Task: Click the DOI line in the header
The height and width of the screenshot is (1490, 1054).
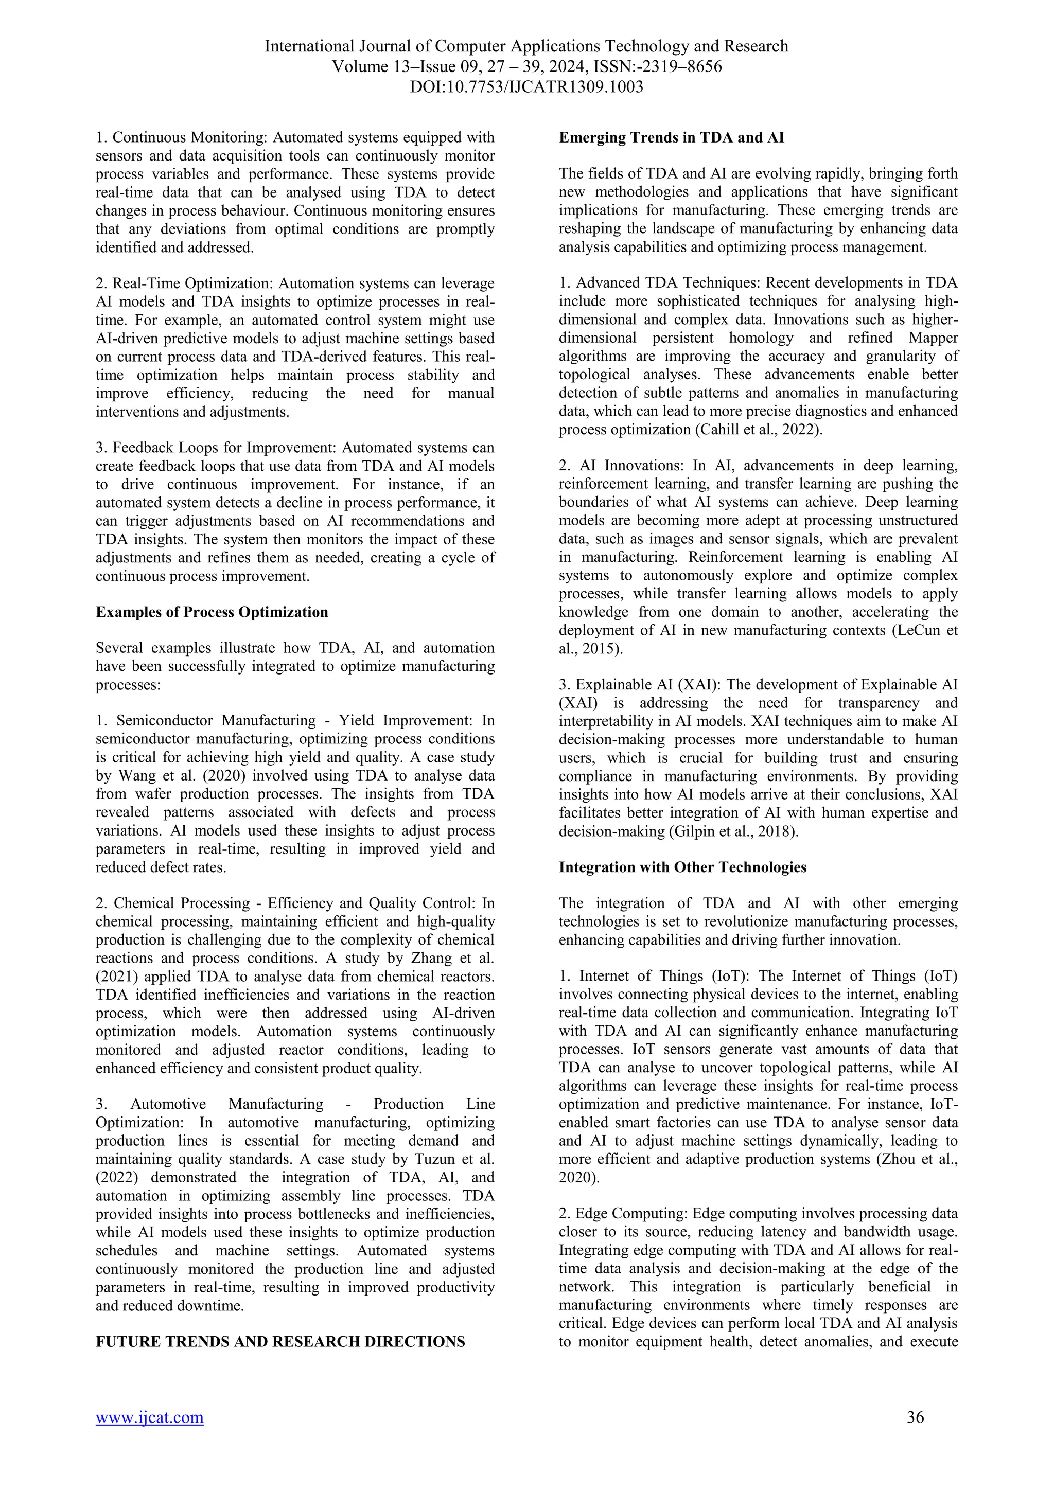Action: tap(526, 87)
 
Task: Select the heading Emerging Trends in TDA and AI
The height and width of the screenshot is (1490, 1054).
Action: tap(671, 137)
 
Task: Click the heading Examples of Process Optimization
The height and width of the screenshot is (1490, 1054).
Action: tap(212, 612)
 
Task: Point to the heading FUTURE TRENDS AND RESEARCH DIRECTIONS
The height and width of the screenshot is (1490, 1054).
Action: tap(280, 1341)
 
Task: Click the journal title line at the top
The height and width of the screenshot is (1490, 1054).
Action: tap(526, 47)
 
